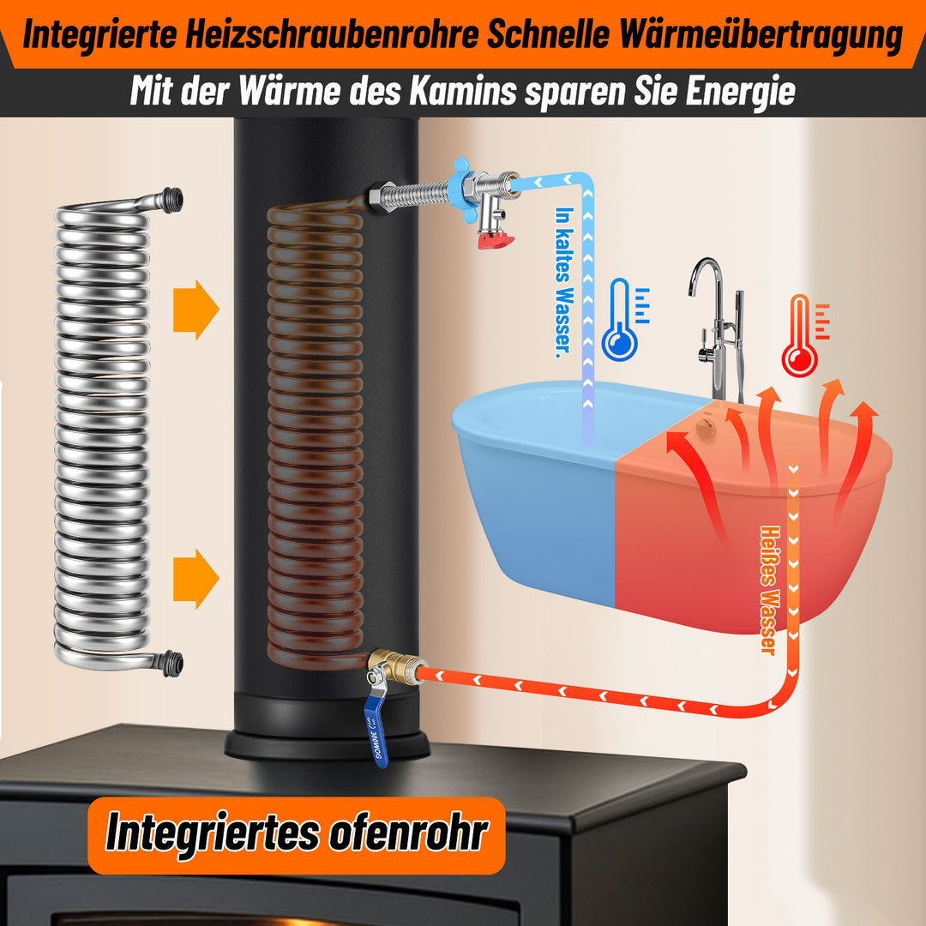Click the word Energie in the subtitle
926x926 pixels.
pyautogui.click(x=740, y=91)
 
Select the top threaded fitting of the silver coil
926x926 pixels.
pyautogui.click(x=171, y=201)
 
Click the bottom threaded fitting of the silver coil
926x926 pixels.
pyautogui.click(x=171, y=663)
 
